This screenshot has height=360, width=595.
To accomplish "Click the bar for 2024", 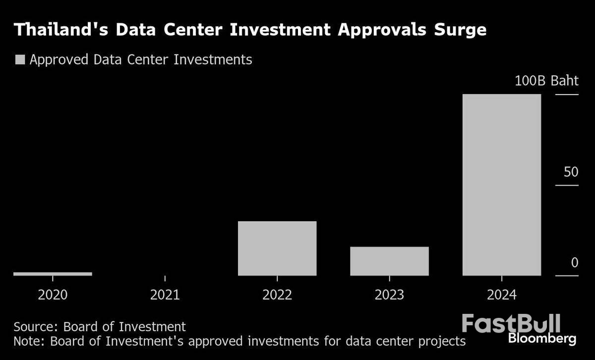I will coord(501,184).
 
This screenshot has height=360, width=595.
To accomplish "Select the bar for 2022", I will coord(277,248).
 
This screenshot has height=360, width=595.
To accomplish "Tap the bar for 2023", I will coord(389,261).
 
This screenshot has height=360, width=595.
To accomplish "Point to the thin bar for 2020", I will coord(53,274).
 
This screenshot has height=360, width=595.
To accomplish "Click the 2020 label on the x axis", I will coord(53,296).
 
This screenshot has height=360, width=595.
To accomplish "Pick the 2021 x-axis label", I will coord(165,296).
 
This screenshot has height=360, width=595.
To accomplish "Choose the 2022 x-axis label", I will coord(277,296).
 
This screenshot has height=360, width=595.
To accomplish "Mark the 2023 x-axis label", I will coord(389,296).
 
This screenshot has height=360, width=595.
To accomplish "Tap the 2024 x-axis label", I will coord(501,296).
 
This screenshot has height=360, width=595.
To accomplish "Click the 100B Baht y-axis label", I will coord(546,81).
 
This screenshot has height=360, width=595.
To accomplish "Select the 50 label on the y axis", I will coord(571,173).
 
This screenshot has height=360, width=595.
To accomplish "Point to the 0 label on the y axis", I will coord(574,263).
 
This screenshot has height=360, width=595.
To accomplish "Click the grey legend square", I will coord(20,60).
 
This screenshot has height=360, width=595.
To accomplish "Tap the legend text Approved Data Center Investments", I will coord(141,60).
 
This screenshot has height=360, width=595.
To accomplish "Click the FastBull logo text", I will coord(511,323).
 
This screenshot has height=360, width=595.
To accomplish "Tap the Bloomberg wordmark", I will coord(542,339).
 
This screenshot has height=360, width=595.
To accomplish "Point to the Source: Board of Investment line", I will coord(100,327).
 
